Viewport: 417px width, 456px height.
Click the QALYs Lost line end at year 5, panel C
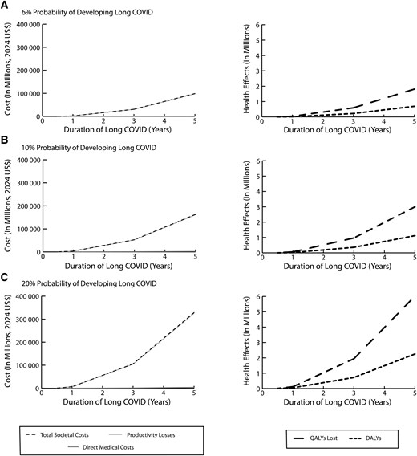point(414,298)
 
